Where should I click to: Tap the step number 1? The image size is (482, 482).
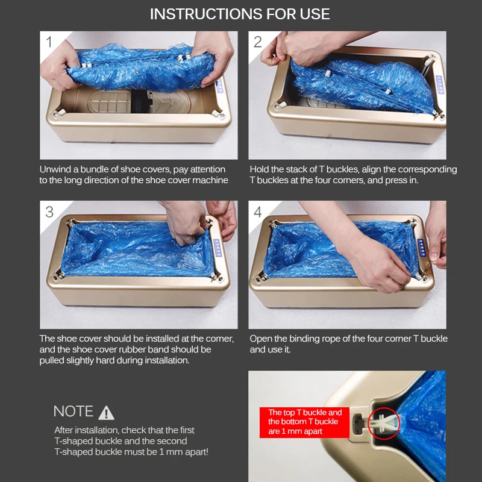tap(49, 42)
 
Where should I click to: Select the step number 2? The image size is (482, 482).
tap(258, 42)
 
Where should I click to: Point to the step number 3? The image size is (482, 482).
tap(49, 212)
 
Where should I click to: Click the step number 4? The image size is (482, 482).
tap(258, 212)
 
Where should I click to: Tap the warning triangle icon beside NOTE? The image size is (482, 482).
tap(107, 413)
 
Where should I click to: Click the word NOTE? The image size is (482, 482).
tap(73, 412)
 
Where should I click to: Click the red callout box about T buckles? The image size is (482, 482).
tap(304, 422)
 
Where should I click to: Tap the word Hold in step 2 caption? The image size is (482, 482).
tap(259, 169)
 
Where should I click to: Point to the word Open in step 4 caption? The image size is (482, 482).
tap(260, 339)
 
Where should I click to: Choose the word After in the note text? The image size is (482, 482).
tap(64, 430)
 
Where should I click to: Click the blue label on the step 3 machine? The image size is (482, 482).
tap(218, 248)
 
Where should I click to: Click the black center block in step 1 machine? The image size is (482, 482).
tap(140, 101)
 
